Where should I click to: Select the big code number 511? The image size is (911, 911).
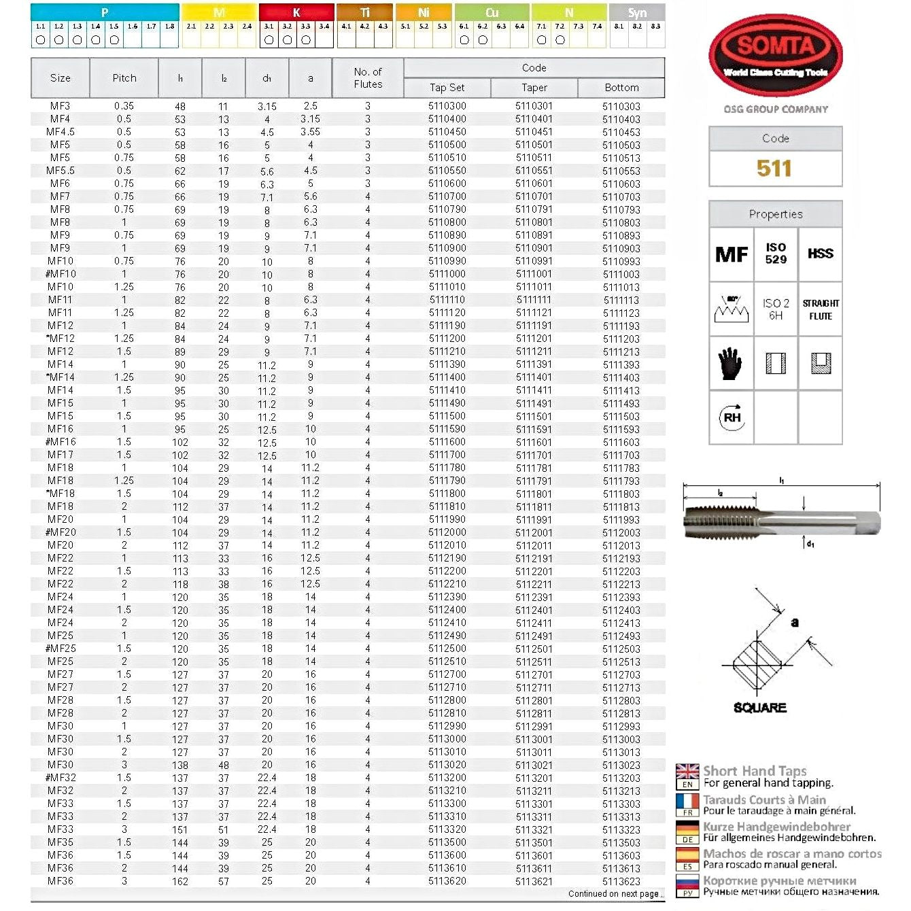pyautogui.click(x=774, y=169)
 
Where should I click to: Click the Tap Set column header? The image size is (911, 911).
pyautogui.click(x=447, y=88)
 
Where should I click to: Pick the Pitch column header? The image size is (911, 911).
pyautogui.click(x=124, y=78)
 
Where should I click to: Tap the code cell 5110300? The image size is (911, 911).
pyautogui.click(x=447, y=106)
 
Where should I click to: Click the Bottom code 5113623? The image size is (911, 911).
pyautogui.click(x=621, y=881)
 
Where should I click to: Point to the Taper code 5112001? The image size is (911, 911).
pyautogui.click(x=534, y=533)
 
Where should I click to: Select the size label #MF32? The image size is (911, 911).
pyautogui.click(x=61, y=778)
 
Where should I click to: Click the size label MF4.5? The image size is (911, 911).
pyautogui.click(x=61, y=132)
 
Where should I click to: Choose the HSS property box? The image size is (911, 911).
pyautogui.click(x=821, y=254)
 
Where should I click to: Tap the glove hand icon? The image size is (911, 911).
pyautogui.click(x=731, y=363)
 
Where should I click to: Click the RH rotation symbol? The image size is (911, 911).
pyautogui.click(x=732, y=417)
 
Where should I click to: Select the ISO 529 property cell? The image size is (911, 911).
pyautogui.click(x=776, y=254)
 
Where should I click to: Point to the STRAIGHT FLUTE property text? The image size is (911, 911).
pyautogui.click(x=821, y=309)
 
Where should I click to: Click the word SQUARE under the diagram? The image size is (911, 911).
pyautogui.click(x=759, y=708)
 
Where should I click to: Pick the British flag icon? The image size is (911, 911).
pyautogui.click(x=687, y=771)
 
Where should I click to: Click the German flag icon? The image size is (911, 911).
pyautogui.click(x=687, y=828)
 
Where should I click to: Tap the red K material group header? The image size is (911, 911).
pyautogui.click(x=296, y=12)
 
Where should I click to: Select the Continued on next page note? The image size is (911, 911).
pyautogui.click(x=614, y=894)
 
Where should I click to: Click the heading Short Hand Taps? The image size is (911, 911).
pyautogui.click(x=755, y=771)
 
